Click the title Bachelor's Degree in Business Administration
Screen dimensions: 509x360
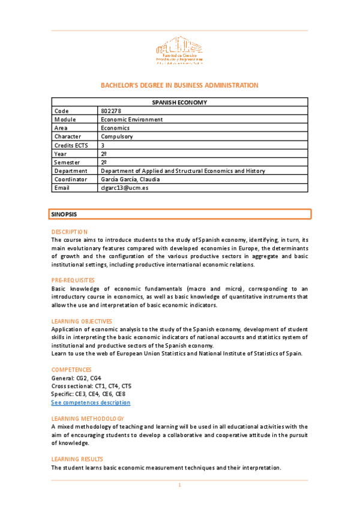179,85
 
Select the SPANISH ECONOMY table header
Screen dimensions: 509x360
179,102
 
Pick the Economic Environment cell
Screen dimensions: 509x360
132,119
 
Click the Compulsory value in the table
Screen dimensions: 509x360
118,136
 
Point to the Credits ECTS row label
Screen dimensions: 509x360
70,145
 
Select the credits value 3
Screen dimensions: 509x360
103,145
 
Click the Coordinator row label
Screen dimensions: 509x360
70,179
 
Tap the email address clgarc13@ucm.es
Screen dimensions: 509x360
124,188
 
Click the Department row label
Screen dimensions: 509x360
70,170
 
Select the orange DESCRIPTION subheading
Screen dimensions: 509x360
69,232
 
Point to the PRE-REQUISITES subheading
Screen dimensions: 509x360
73,280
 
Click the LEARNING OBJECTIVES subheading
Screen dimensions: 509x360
82,321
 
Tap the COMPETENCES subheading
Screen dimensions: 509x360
71,370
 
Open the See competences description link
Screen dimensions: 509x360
91,403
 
